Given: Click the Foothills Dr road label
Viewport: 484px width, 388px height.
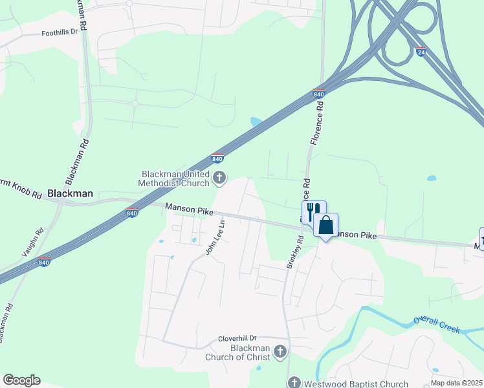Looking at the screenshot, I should [59, 32].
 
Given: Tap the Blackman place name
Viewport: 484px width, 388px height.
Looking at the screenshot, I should [71, 193].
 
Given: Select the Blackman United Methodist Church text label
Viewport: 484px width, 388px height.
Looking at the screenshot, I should [176, 178].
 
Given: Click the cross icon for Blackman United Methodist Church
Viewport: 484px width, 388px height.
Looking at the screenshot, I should [219, 177].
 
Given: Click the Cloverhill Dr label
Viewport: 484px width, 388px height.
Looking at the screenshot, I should [237, 338].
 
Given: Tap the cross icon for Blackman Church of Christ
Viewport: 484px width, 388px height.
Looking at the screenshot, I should [280, 351].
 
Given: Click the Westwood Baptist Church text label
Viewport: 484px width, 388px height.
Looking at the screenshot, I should [357, 383].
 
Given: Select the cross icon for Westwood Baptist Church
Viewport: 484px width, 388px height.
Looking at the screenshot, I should [294, 383].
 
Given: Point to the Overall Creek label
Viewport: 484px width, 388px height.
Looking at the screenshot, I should [437, 325].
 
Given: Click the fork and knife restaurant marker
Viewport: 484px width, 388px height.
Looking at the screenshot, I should [314, 212].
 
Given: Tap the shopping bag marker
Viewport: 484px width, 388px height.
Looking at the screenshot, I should [325, 226].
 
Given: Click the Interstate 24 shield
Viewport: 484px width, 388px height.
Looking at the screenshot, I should [421, 52].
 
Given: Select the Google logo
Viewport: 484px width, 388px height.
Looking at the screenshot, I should [21, 380].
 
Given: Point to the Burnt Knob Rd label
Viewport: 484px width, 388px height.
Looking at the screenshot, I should [21, 189].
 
